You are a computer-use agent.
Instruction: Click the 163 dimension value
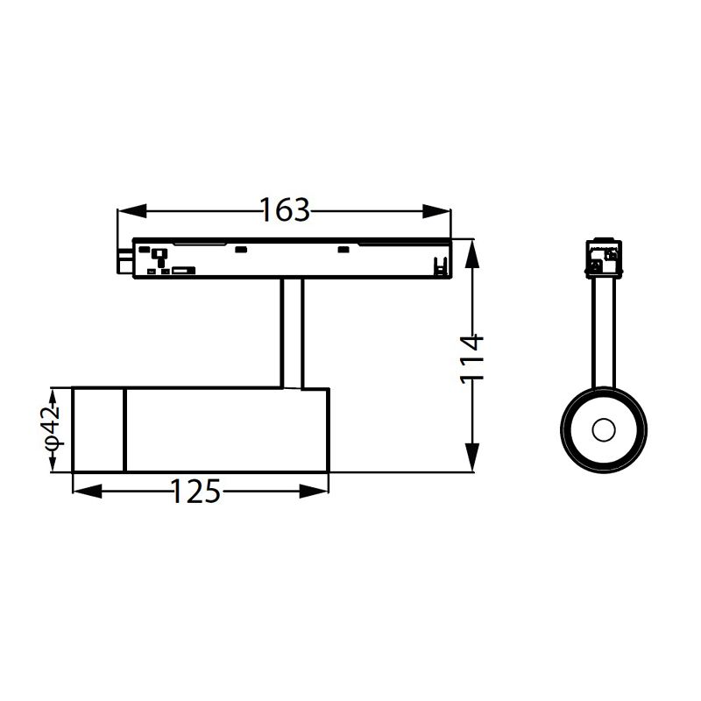coord(285,209)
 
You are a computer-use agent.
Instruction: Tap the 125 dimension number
coord(195,492)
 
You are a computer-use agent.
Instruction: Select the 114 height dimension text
coord(472,358)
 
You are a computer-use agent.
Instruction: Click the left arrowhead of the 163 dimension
coord(132,211)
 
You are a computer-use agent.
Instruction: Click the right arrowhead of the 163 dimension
coord(436,211)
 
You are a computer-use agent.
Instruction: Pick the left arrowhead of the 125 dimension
coord(87,492)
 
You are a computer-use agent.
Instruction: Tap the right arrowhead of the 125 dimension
coord(315,492)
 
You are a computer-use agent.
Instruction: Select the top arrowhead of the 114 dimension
coord(472,254)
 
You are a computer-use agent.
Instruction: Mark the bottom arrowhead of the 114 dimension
coord(472,457)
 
